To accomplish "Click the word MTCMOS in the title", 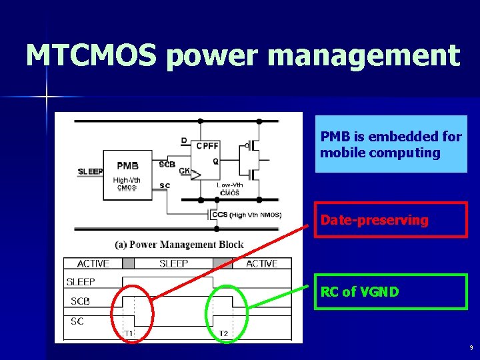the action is coord(91,55).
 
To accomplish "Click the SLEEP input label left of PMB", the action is coord(90,171).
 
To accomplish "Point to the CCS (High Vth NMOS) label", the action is coord(246,215).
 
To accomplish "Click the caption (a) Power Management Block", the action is coord(179,245).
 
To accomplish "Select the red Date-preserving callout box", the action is coord(391,220).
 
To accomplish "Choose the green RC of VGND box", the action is coord(391,291).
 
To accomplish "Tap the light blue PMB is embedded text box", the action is coord(391,145).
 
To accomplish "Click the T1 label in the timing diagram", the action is coord(129,333).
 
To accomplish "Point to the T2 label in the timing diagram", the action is coord(224,333).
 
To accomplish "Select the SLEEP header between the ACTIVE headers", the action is coord(174,264).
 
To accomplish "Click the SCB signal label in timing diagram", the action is coord(80,301).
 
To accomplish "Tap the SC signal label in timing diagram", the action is coord(77,321).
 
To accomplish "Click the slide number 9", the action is coord(471,348).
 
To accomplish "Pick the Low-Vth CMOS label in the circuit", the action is coord(229,189).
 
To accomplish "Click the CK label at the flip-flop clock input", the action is coord(184,171).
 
